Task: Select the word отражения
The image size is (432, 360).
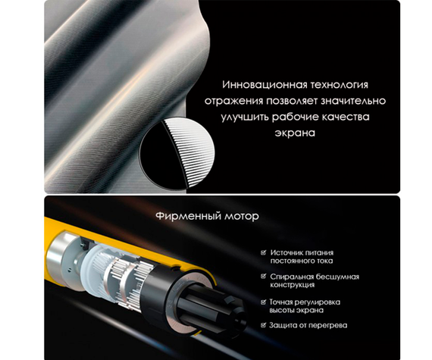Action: click(233, 101)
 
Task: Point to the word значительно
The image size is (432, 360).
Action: click(353, 101)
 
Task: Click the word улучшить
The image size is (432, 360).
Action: click(245, 117)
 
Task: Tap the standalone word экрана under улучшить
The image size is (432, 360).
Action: click(295, 133)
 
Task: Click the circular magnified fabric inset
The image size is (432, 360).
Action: click(177, 154)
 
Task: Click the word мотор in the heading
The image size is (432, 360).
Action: click(242, 217)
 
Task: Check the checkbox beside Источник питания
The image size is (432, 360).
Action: click(264, 252)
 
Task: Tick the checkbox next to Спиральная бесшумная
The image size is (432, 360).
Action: click(264, 276)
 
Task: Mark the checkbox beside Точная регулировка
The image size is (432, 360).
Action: click(264, 302)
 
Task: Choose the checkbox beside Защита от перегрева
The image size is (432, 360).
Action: click(264, 325)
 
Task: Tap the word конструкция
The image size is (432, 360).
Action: click(293, 285)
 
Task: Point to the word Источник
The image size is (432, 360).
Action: click(286, 252)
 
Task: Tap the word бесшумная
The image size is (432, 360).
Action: click(337, 277)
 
